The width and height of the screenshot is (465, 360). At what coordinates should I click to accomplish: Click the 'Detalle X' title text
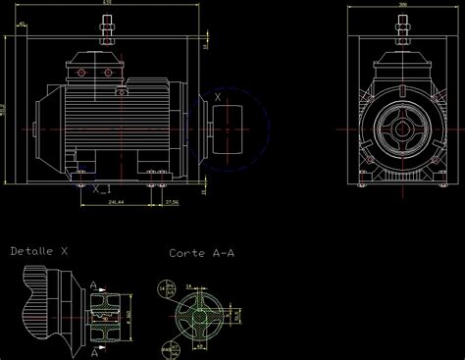(x=39, y=251)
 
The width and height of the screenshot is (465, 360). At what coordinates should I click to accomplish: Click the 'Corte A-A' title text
(x=202, y=253)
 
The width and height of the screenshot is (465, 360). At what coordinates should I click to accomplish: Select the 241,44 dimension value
(x=116, y=201)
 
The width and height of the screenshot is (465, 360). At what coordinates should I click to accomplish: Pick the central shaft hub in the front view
(x=403, y=129)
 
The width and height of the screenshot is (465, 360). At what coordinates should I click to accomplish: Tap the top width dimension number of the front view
(x=403, y=5)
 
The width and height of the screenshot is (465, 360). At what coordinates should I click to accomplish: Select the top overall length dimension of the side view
(x=106, y=5)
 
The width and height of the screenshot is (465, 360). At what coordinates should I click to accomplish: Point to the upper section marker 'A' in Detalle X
(x=93, y=286)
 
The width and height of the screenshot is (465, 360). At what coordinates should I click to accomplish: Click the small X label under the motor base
(x=97, y=191)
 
